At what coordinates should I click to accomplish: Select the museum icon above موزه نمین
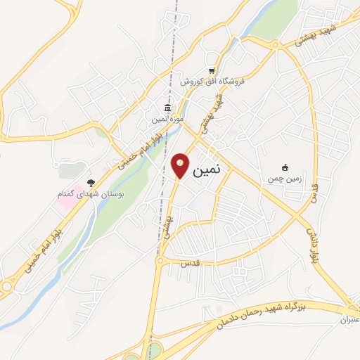tap(167, 108)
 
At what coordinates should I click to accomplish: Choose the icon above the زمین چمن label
tap(285, 167)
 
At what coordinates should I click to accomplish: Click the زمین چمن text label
tap(285, 179)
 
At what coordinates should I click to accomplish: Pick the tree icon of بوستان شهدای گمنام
tap(90, 182)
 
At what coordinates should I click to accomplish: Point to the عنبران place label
tap(348, 320)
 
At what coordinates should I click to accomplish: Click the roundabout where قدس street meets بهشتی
tap(161, 262)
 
